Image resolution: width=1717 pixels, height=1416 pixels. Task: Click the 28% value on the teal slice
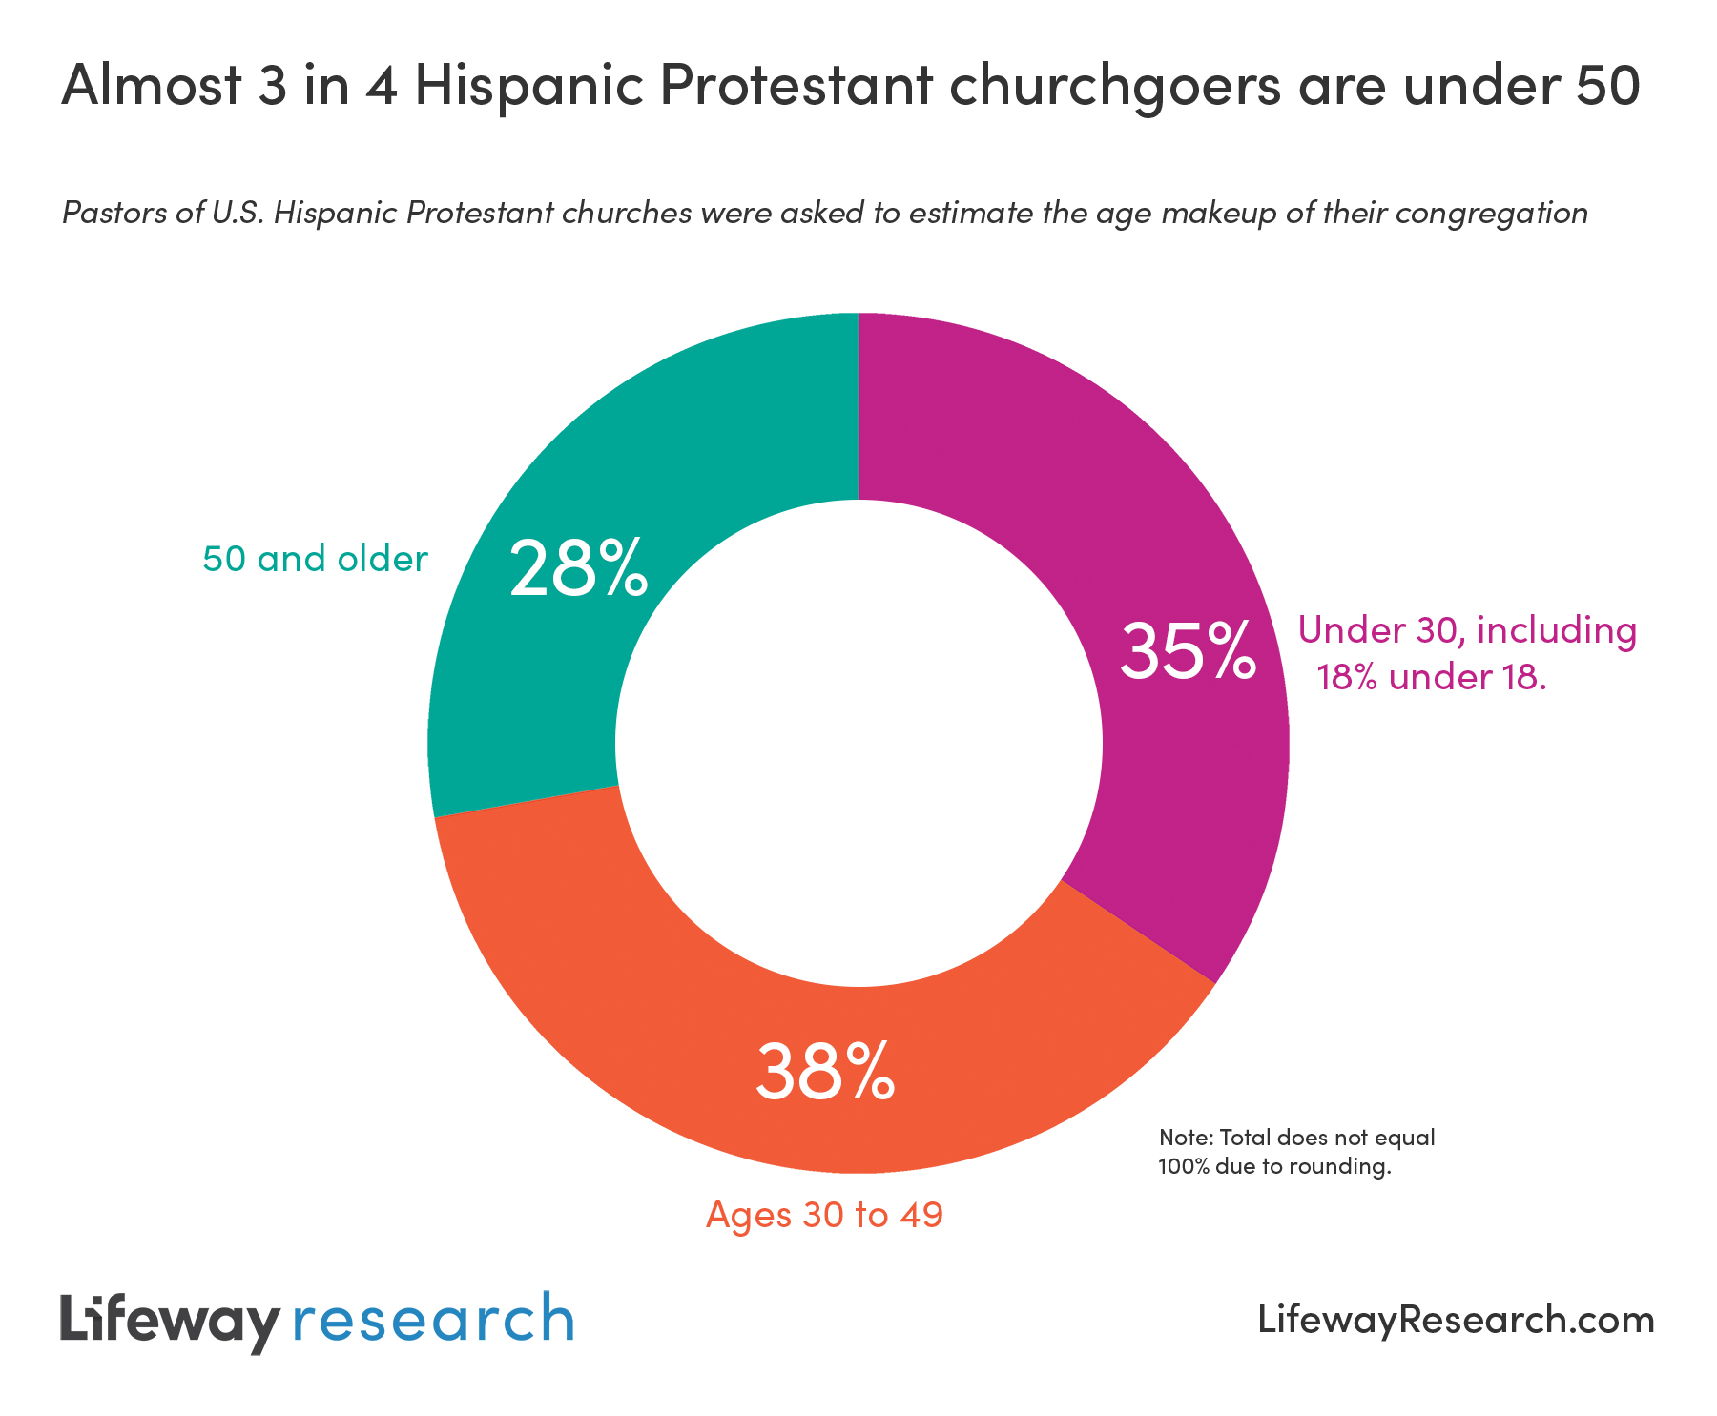pos(579,568)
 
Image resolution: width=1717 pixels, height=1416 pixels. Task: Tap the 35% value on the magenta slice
pos(1187,651)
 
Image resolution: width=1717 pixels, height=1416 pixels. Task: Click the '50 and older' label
pos(315,559)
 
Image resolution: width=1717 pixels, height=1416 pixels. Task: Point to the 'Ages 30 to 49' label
pos(824,1215)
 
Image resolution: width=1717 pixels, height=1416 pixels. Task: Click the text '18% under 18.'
pos(1431,677)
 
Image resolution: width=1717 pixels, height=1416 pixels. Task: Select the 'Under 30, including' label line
pos(1467,630)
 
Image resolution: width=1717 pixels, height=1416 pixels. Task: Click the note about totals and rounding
pos(1295,1152)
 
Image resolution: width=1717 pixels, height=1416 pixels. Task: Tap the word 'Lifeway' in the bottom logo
pos(170,1322)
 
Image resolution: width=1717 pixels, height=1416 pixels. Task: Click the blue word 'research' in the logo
pos(433,1322)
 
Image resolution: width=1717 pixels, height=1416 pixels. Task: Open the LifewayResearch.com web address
pos(1456,1320)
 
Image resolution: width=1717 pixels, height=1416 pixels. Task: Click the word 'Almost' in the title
pos(145,86)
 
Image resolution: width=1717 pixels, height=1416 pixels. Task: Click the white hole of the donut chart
pos(858,743)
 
